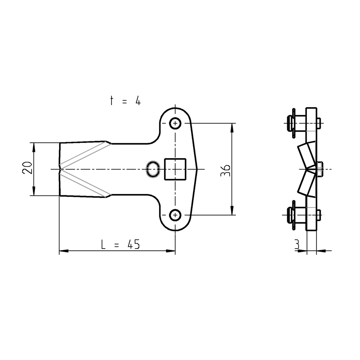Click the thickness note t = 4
(x=125, y=101)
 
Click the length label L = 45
(x=120, y=244)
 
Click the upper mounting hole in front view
(x=175, y=123)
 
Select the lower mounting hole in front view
(x=175, y=214)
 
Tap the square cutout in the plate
(x=175, y=169)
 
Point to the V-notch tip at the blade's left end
(x=60, y=169)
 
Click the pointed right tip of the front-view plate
(x=199, y=169)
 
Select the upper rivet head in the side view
(x=291, y=123)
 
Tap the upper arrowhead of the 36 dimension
(x=232, y=127)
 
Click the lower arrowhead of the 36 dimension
(x=232, y=211)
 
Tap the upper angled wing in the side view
(x=306, y=155)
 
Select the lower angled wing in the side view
(x=306, y=184)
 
